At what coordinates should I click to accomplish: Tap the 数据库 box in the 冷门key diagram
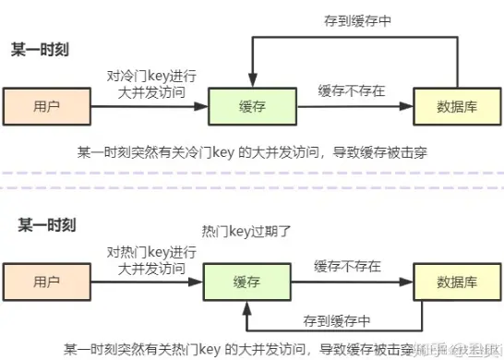[x=450, y=105]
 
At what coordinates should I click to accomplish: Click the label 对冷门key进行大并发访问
[x=150, y=84]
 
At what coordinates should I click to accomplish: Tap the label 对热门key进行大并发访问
[x=150, y=259]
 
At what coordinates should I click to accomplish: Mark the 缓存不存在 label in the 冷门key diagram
[x=352, y=90]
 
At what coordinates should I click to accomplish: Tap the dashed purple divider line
[x=252, y=173]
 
